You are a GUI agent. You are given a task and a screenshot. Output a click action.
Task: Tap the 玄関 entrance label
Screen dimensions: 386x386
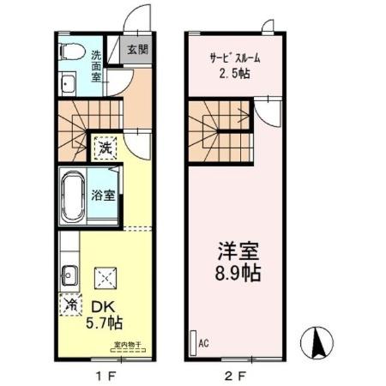pyautogui.click(x=137, y=49)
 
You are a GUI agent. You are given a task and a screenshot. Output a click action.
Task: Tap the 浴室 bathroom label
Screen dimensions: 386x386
pyautogui.click(x=104, y=194)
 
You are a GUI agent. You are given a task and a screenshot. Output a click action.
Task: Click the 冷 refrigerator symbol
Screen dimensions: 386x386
pyautogui.click(x=70, y=305)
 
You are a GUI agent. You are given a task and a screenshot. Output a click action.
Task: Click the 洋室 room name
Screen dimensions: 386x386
pyautogui.click(x=238, y=255)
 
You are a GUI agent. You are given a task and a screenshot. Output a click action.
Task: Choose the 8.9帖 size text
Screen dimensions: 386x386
pyautogui.click(x=238, y=277)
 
